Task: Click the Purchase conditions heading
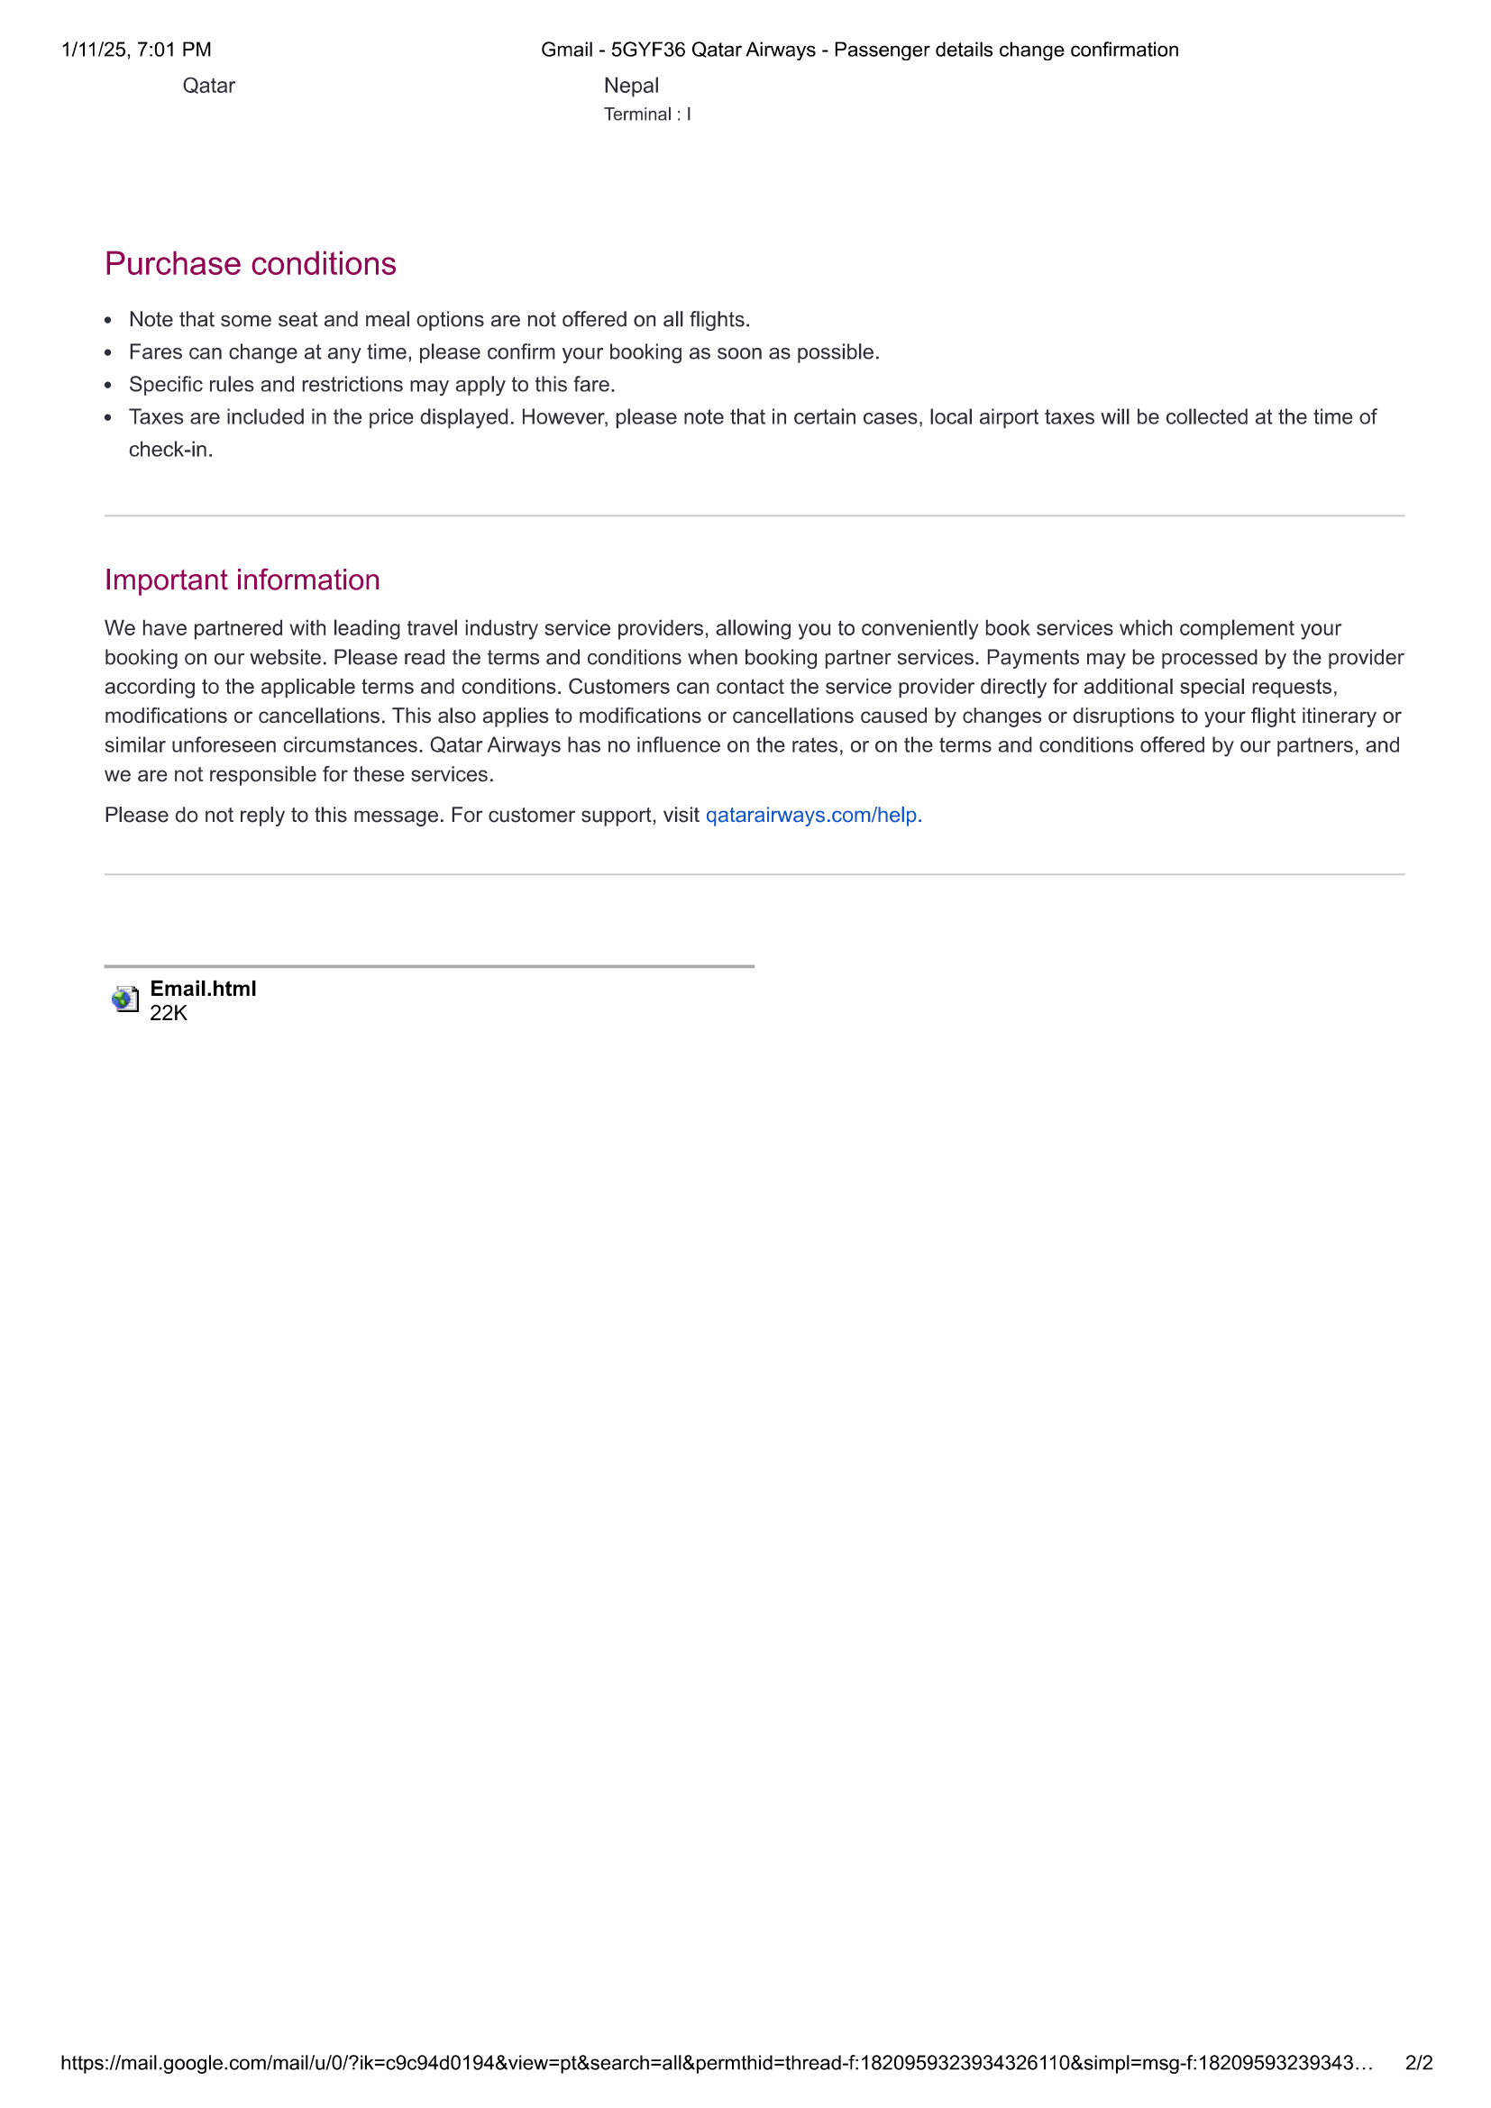coord(250,264)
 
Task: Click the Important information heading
coord(242,580)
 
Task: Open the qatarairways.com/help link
coord(812,816)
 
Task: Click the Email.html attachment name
coord(203,989)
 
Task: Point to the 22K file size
coord(168,1014)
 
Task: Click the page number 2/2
coord(1419,2063)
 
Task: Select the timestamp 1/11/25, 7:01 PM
coord(136,50)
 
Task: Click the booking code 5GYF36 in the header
coord(648,50)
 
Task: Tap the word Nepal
coord(631,86)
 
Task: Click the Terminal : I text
coord(647,114)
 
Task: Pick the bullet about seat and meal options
coord(439,320)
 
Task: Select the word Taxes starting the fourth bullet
coord(156,418)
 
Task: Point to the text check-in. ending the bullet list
coord(170,450)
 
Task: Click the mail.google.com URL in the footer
coord(716,2063)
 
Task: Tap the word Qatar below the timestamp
coord(208,86)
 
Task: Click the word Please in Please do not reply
coord(136,816)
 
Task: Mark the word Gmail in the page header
coord(566,50)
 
